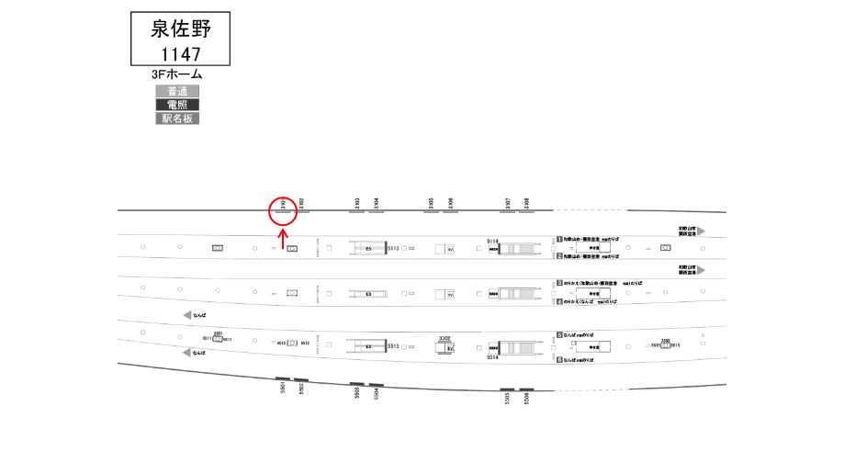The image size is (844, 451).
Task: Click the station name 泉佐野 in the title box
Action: pyautogui.click(x=181, y=28)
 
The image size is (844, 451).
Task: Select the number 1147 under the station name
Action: pyautogui.click(x=181, y=54)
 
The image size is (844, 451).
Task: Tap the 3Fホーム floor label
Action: pyautogui.click(x=177, y=74)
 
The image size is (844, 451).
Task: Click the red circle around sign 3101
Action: pyautogui.click(x=284, y=210)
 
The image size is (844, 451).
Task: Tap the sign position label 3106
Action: pyautogui.click(x=451, y=203)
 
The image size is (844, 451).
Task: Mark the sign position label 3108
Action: pyautogui.click(x=526, y=203)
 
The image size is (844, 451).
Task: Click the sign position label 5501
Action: pyautogui.click(x=283, y=389)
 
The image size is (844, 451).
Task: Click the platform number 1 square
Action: pyautogui.click(x=558, y=239)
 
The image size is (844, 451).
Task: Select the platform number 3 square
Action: pyautogui.click(x=558, y=284)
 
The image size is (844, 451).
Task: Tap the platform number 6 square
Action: pyautogui.click(x=558, y=359)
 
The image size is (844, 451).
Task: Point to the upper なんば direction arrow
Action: pyautogui.click(x=187, y=315)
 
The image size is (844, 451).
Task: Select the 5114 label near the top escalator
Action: pyautogui.click(x=491, y=242)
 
